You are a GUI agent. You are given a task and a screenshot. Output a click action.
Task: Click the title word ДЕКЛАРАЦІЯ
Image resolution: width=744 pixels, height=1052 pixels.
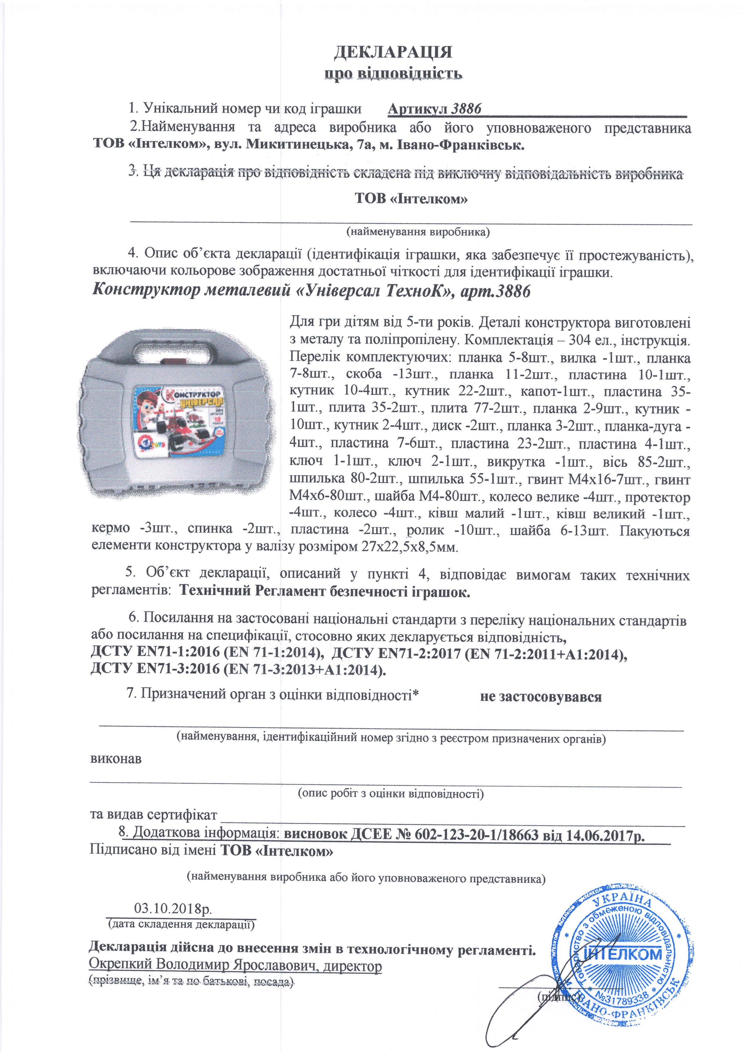coord(393,52)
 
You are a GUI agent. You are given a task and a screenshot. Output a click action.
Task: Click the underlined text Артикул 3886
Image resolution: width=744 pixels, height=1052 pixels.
coord(435,109)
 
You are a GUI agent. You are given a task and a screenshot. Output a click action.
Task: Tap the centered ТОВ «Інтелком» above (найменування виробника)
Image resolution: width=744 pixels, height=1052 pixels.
coord(411,199)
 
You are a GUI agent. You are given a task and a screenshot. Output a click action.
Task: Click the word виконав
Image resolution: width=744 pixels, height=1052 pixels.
coord(115,759)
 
